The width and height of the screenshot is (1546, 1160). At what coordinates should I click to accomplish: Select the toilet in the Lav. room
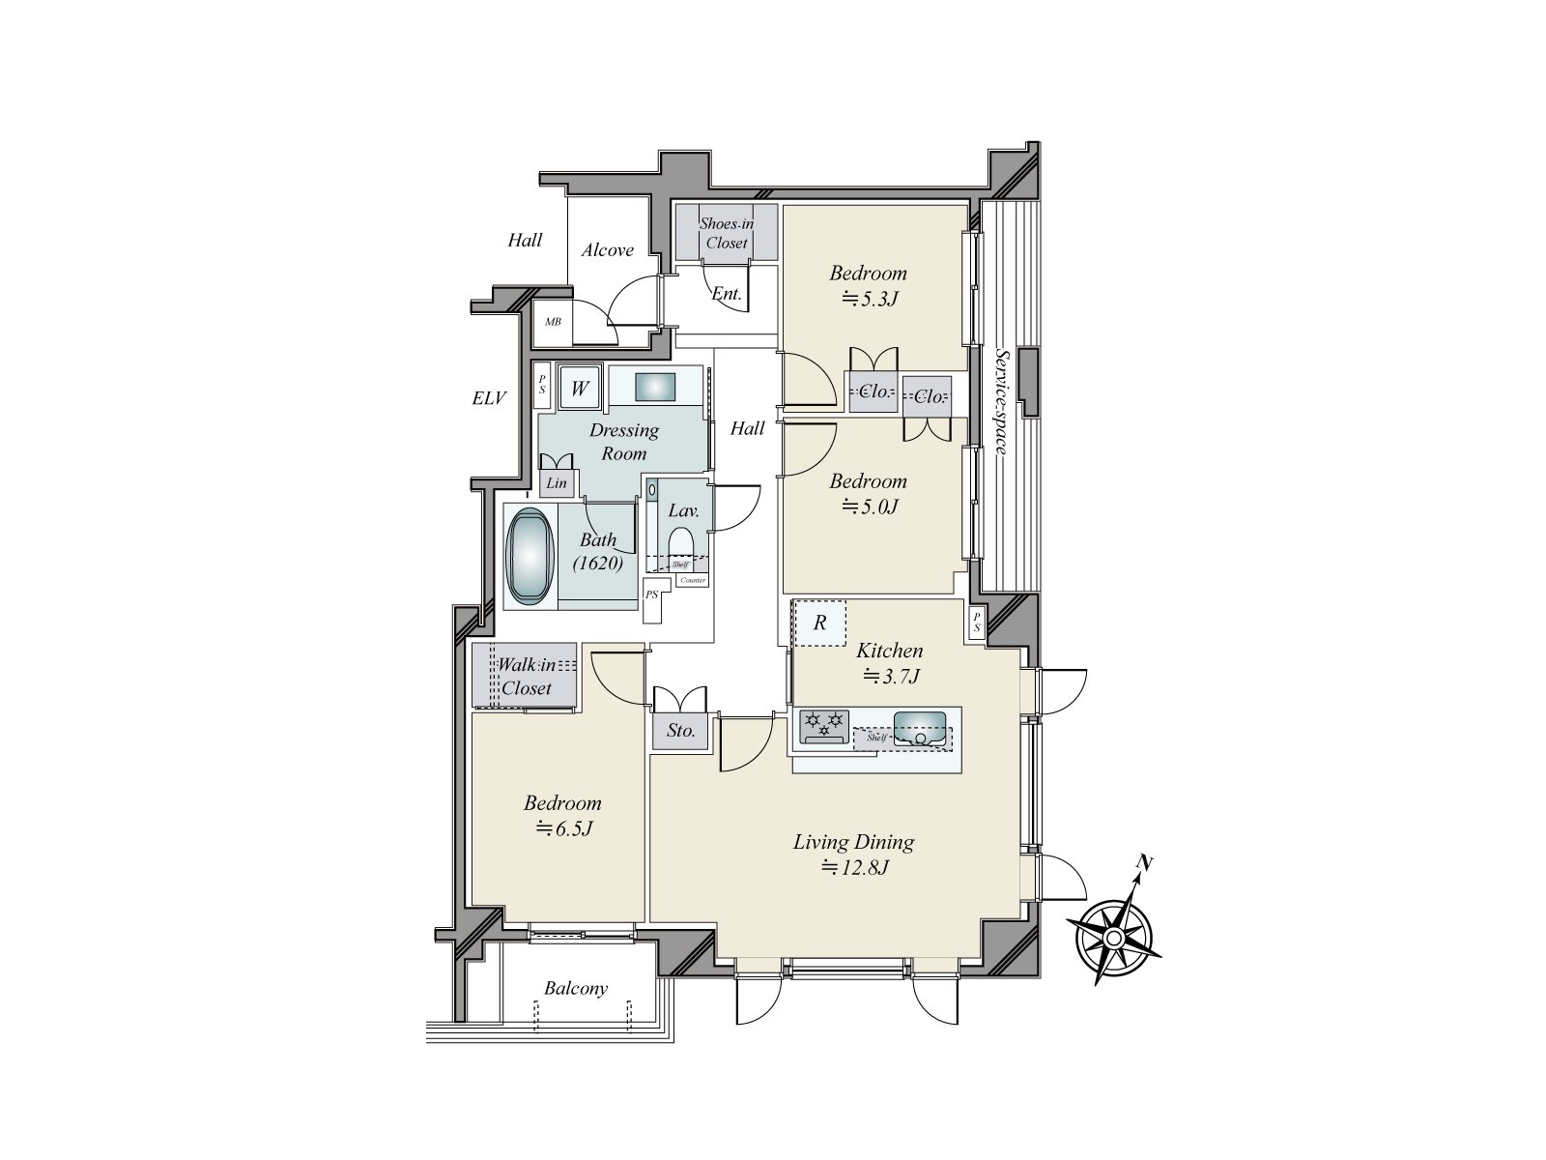(x=682, y=541)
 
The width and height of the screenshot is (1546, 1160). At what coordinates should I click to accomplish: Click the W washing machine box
(x=580, y=389)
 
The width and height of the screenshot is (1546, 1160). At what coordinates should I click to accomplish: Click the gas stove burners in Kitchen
(x=823, y=724)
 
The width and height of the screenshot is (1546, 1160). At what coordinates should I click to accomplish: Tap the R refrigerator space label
(x=819, y=623)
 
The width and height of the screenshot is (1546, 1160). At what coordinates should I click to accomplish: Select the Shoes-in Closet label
(x=726, y=233)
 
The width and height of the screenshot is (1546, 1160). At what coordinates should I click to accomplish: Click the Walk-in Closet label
(x=526, y=677)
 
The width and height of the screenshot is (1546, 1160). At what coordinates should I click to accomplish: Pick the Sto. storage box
(x=681, y=731)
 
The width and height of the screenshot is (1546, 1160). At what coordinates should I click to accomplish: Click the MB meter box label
(x=553, y=322)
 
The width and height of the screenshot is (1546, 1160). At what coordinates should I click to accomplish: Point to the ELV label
(x=489, y=397)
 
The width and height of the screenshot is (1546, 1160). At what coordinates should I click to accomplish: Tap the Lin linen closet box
(x=557, y=483)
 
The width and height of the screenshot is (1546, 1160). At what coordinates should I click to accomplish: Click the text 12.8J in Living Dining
(x=854, y=867)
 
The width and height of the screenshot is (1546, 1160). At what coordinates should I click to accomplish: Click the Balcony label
(x=575, y=988)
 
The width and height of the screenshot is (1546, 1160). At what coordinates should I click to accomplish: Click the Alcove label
(x=607, y=250)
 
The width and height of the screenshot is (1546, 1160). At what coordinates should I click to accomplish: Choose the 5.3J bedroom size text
(x=869, y=298)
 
